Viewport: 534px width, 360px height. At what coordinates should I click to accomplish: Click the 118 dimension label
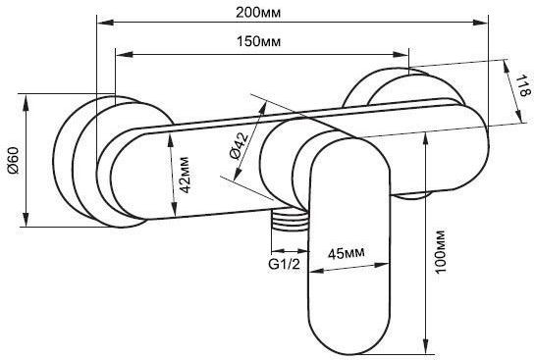515,92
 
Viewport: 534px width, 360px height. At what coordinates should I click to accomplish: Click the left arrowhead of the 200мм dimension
101,18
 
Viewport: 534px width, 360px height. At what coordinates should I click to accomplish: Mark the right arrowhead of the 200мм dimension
483,18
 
